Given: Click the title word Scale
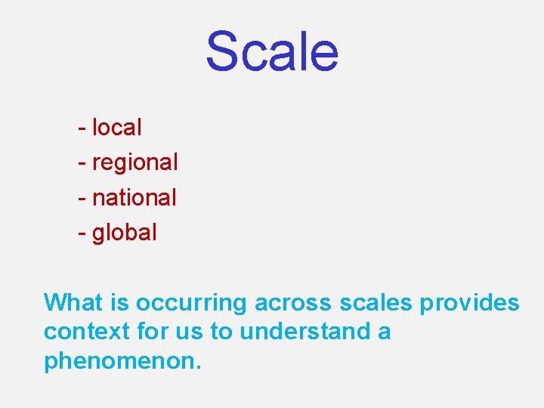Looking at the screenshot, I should tap(272, 51).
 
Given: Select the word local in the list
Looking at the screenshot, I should tap(116, 128).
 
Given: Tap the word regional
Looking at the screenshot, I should tap(134, 162).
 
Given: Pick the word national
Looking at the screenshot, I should tap(134, 197).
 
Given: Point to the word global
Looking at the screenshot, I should tap(124, 232).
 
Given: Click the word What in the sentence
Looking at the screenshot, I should tap(72, 302).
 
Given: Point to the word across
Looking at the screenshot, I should tap(292, 303).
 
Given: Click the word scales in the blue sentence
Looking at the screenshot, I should tap(376, 303).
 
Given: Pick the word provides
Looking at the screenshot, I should tap(469, 303).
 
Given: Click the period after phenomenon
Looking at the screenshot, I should tap(199, 366).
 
